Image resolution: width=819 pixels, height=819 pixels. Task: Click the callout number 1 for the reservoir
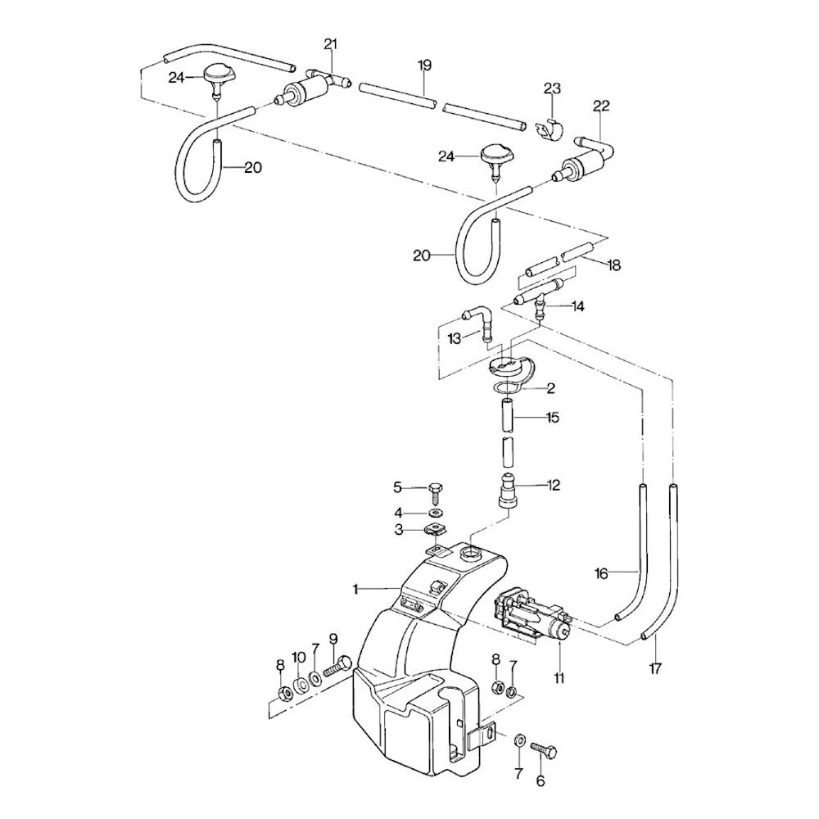[356, 588]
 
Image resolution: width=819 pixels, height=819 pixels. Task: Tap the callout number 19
[423, 65]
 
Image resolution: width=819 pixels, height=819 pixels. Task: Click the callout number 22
[602, 106]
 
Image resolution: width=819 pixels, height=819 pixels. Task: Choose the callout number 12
[554, 485]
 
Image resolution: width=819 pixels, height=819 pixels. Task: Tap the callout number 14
[579, 306]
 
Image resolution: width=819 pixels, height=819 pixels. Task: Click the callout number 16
[601, 574]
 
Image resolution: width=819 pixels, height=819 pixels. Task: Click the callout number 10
[298, 657]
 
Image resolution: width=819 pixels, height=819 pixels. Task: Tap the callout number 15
[554, 418]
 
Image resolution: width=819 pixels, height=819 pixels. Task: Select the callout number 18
[615, 265]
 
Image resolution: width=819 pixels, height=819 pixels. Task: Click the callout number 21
[330, 43]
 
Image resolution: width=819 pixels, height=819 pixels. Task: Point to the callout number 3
[399, 530]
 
